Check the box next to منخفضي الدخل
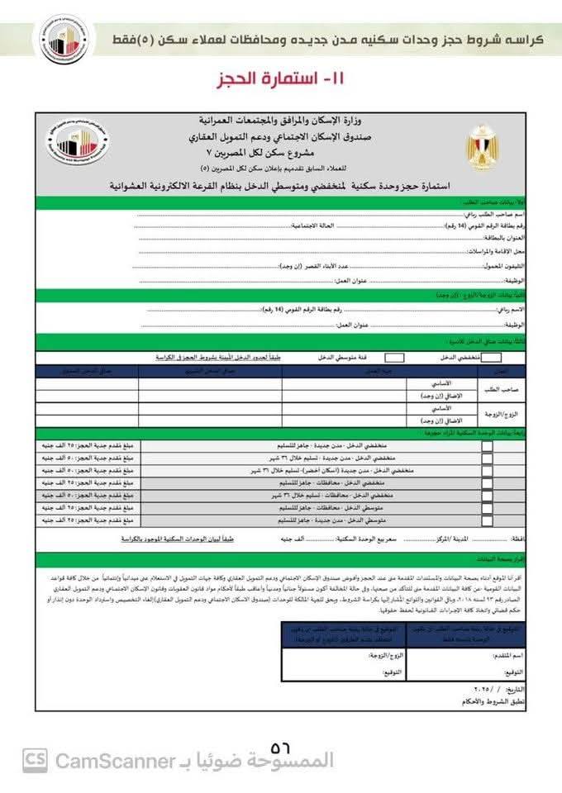pyautogui.click(x=491, y=358)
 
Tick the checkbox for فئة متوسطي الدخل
pyautogui.click(x=394, y=358)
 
